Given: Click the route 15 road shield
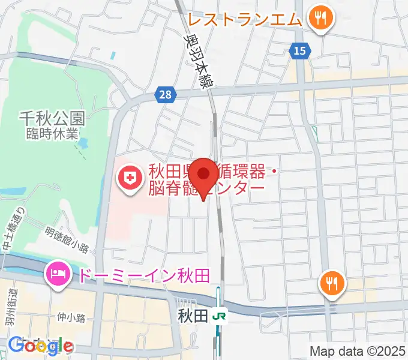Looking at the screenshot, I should click(300, 51).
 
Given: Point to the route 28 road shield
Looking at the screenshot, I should click(165, 94).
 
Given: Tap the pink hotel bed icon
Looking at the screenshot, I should click(58, 275).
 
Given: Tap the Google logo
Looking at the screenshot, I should click(40, 346).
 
